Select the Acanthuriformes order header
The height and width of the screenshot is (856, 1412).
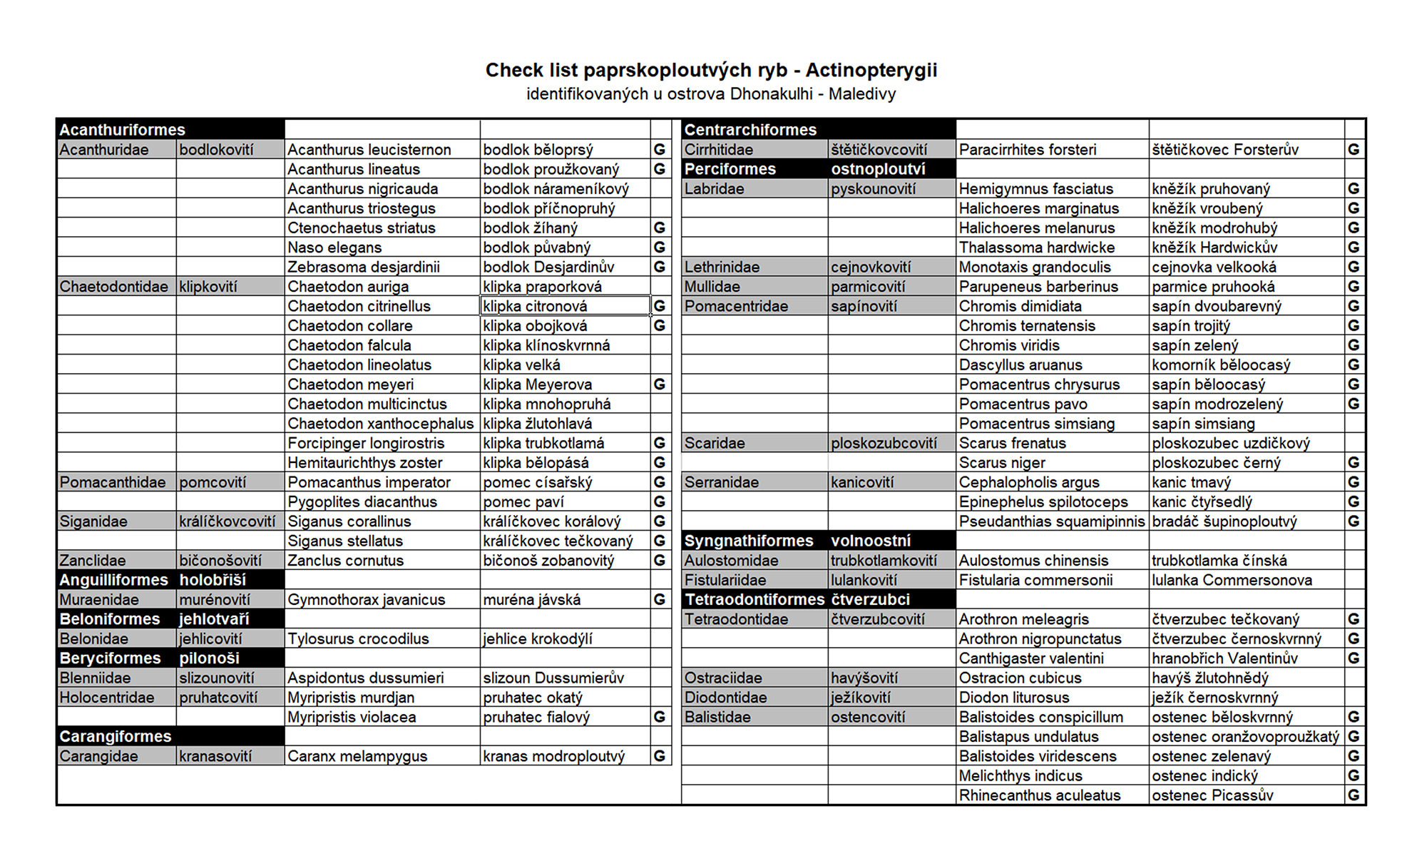coord(122,130)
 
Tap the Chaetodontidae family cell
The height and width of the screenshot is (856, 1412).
coord(114,287)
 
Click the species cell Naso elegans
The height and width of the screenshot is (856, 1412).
coord(334,248)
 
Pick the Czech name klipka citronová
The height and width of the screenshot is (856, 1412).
coord(535,306)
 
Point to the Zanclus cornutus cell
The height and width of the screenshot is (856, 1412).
coord(345,561)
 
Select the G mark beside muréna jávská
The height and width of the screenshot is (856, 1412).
coord(660,600)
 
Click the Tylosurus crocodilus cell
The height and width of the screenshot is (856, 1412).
coord(358,639)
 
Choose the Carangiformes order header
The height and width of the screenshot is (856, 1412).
coord(116,736)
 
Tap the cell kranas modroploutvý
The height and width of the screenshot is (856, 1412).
coord(553,756)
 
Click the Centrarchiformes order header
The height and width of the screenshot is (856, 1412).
coord(750,130)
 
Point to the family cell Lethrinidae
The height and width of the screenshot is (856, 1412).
coord(722,267)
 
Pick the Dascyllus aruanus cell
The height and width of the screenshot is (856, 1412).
coord(1020,365)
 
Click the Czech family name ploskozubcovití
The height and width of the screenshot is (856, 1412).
coord(884,443)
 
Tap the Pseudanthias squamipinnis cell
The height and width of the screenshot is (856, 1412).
coord(1051,521)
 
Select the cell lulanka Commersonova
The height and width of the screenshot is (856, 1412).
coord(1232,580)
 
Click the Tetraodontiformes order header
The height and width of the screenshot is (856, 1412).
coord(754,600)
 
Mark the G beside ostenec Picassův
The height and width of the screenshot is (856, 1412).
coord(1354,795)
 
